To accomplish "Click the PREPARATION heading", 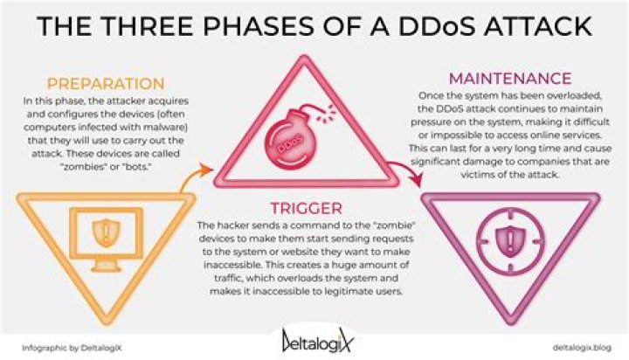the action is tap(106, 84).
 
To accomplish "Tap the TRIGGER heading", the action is tap(306, 208).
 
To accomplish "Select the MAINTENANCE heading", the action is tap(510, 79).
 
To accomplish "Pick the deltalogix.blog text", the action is tap(582, 347).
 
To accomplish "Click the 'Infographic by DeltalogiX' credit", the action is tap(72, 348).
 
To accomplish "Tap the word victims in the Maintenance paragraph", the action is tap(475, 175).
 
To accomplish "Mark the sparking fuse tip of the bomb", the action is tap(327, 114).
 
